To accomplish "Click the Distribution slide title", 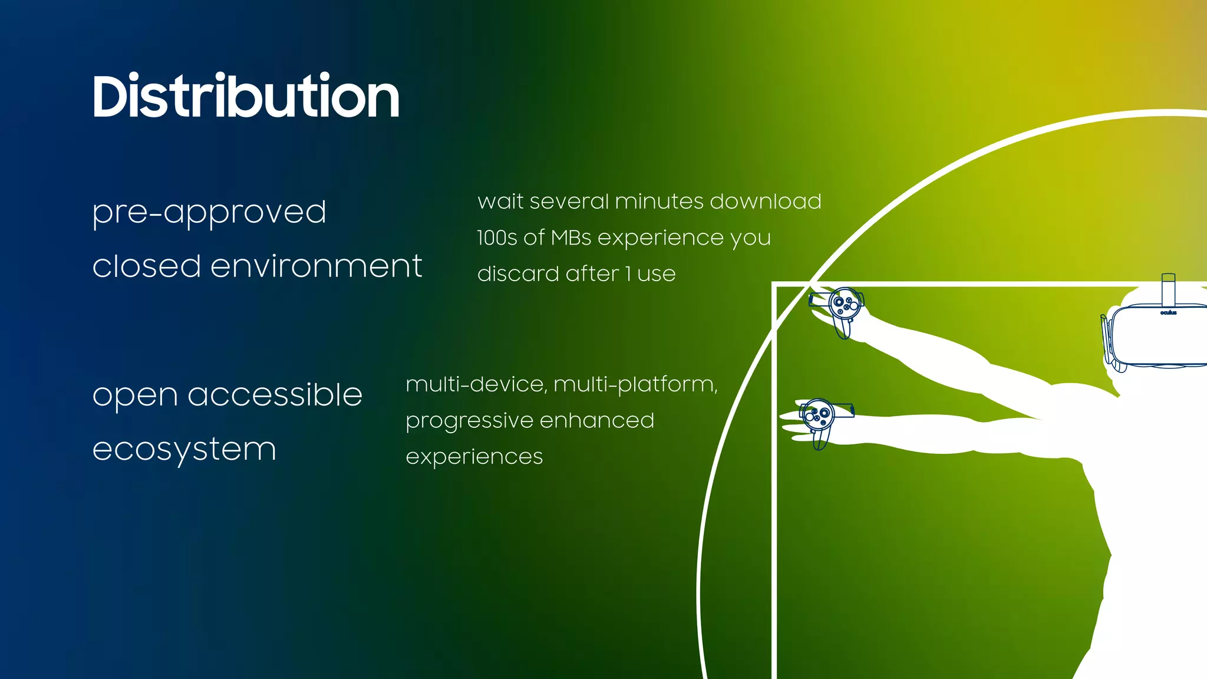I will (246, 97).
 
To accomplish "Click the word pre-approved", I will (209, 212).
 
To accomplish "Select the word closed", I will (147, 266).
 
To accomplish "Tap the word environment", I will (316, 266).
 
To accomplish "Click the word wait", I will (500, 202).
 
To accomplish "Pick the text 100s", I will (497, 238).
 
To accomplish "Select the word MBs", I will (570, 238).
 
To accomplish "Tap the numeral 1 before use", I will (628, 273).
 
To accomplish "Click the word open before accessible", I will (135, 395).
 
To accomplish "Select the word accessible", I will (275, 394).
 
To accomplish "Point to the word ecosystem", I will (184, 450).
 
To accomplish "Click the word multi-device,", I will (476, 384).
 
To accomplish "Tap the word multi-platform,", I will (635, 385).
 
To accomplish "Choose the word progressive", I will (469, 421).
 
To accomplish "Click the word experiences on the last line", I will (474, 457).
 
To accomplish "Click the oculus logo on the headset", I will (1168, 313).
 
